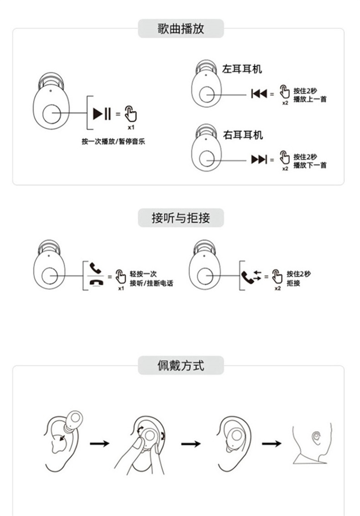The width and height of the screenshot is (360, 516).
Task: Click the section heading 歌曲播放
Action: pyautogui.click(x=181, y=29)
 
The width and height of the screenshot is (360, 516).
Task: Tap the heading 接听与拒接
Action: pyautogui.click(x=181, y=218)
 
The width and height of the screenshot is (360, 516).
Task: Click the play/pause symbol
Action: pyautogui.click(x=102, y=114)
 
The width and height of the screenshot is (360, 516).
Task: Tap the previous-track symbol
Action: pyautogui.click(x=259, y=94)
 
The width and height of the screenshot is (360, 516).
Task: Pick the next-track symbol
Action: pyautogui.click(x=259, y=159)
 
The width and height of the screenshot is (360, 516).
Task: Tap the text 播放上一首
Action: pyautogui.click(x=310, y=99)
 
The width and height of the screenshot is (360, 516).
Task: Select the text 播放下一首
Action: pyautogui.click(x=310, y=165)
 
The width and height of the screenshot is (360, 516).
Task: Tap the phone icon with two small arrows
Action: pyautogui.click(x=252, y=276)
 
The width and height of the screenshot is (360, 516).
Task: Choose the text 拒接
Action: pyautogui.click(x=293, y=283)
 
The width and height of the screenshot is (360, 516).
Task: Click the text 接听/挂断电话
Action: pyautogui.click(x=151, y=283)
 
